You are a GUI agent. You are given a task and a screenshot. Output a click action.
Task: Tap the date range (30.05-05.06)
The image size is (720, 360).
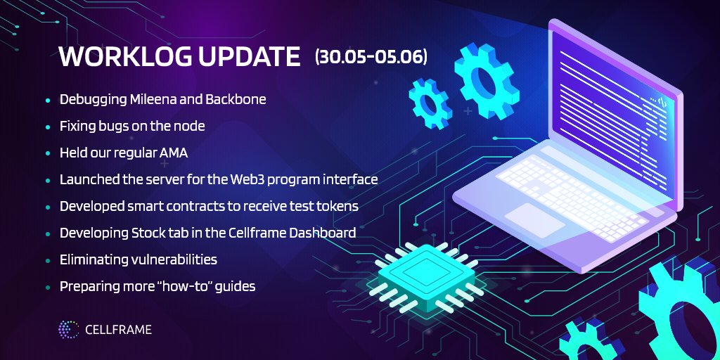[371, 57]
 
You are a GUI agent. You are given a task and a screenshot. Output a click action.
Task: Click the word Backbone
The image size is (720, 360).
[236, 99]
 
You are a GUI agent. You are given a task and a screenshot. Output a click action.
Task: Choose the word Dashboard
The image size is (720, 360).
[321, 233]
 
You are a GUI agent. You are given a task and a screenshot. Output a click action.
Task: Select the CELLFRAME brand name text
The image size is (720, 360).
[118, 329]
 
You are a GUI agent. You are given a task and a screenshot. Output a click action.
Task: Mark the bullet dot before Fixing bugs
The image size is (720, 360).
[48, 127]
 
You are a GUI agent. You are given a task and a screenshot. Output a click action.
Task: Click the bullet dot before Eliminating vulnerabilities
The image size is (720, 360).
[48, 260]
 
